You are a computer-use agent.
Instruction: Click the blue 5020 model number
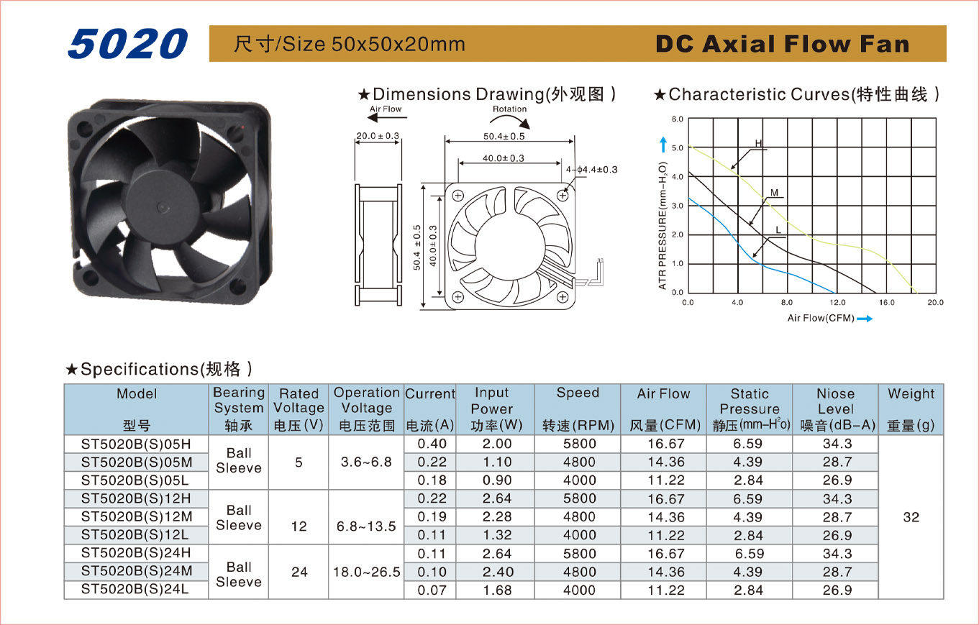pyautogui.click(x=127, y=44)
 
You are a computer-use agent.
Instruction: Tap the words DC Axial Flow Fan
pyautogui.click(x=783, y=44)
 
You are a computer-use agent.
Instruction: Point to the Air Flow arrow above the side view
pyautogui.click(x=387, y=117)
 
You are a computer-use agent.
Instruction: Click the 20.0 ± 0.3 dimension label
pyautogui.click(x=378, y=136)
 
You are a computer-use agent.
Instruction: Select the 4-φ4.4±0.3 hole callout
pyautogui.click(x=592, y=170)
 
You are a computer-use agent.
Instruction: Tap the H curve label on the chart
pyautogui.click(x=758, y=143)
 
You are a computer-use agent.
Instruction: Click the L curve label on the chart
pyautogui.click(x=778, y=230)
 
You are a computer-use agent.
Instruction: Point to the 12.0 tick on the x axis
pyautogui.click(x=837, y=303)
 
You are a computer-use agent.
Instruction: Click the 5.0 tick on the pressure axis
pyautogui.click(x=678, y=148)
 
